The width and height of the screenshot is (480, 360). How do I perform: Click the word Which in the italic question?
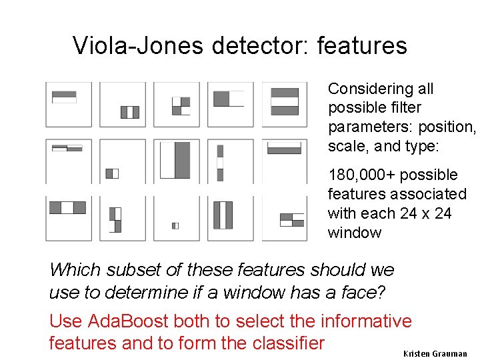click(x=71, y=270)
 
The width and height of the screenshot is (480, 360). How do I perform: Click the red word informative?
click(x=366, y=322)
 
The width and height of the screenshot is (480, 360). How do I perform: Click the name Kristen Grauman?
click(x=435, y=353)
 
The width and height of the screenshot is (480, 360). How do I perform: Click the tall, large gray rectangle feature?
click(x=182, y=160)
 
